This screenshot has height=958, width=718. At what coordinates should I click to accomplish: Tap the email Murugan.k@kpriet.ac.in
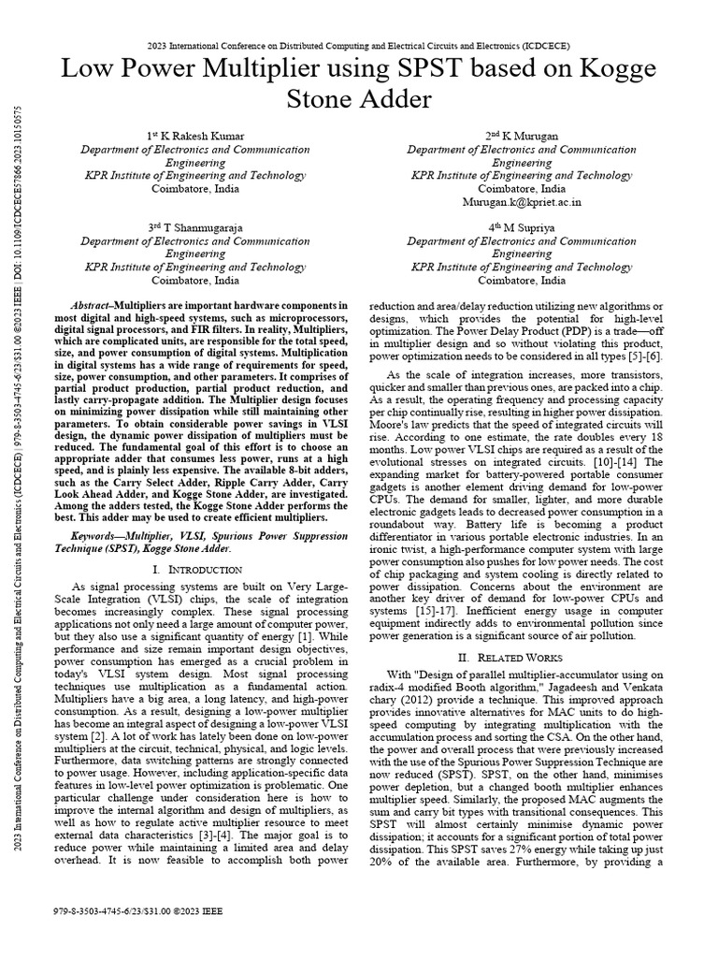click(x=521, y=201)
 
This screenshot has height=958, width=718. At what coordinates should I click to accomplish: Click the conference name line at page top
click(x=359, y=45)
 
